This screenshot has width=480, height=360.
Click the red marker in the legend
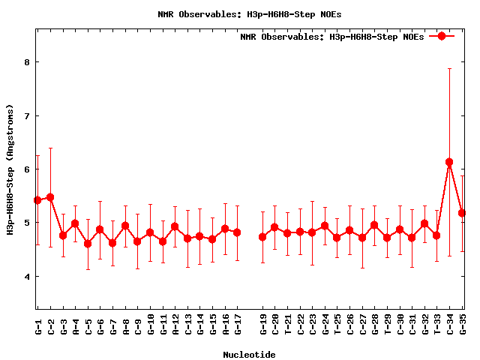point(442,36)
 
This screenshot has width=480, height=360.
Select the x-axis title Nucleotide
point(249,354)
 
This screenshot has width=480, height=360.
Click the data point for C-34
point(449,162)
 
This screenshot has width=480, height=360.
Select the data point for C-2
point(50,197)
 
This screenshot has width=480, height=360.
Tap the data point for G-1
point(37,200)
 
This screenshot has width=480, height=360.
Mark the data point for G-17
point(237,232)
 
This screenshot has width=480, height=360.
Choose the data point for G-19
point(262,237)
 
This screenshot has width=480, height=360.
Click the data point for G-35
point(462,213)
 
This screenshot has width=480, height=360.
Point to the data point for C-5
point(88,244)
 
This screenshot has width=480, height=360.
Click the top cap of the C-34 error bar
point(449,68)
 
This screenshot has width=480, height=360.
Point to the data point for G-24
point(325,226)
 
